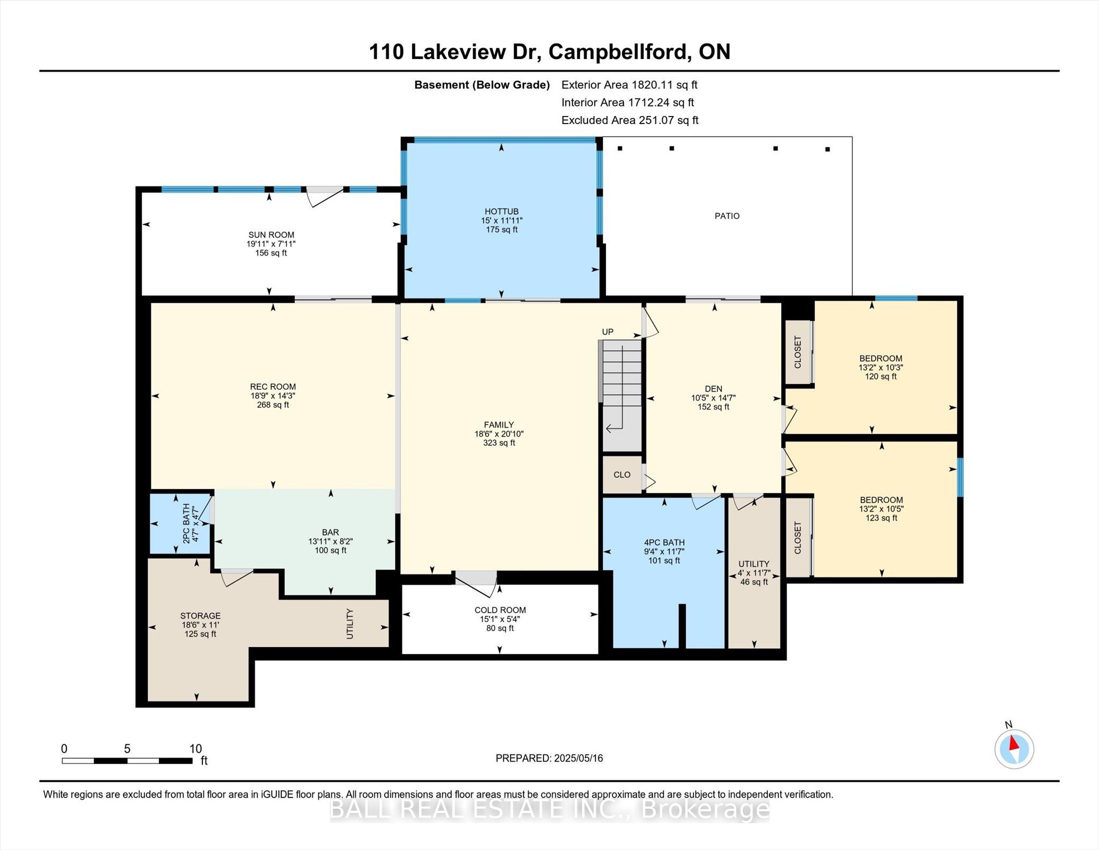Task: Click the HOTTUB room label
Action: pos(501,212)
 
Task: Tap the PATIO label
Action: pos(727,216)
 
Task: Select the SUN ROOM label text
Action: pos(271,235)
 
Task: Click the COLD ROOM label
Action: pos(500,610)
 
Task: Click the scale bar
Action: pos(127,761)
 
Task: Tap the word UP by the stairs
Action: pos(607,332)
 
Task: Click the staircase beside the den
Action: pos(621,396)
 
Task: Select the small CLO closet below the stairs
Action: pos(622,475)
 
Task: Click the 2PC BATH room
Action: pos(180,524)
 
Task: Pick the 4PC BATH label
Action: pos(664,542)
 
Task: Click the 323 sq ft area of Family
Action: pos(499,443)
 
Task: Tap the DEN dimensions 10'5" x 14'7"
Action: pos(713,398)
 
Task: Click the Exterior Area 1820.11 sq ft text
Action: pos(629,84)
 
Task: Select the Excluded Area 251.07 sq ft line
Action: pos(630,120)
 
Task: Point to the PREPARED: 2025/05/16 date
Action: pos(549,758)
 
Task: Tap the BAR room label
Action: pos(331,533)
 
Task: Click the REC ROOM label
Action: pos(273,387)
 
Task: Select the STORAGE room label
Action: pos(200,616)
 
